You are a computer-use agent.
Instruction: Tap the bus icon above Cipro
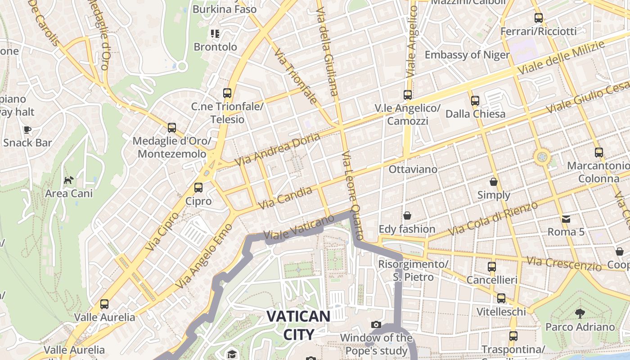click(x=198, y=187)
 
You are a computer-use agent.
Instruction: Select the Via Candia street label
click(x=286, y=198)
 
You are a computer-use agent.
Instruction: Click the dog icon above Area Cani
click(x=68, y=180)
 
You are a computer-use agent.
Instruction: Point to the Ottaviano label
click(x=413, y=169)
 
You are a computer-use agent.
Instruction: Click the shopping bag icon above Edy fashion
click(x=407, y=216)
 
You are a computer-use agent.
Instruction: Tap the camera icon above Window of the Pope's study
click(x=376, y=324)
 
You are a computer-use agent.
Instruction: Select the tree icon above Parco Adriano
click(x=580, y=314)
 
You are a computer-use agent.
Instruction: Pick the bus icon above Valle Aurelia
click(x=104, y=304)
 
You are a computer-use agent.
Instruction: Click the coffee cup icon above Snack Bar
click(x=27, y=130)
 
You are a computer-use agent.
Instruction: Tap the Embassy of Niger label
click(x=467, y=55)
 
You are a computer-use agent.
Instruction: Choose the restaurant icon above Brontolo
click(x=215, y=34)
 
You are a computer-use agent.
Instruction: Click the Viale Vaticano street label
click(x=299, y=227)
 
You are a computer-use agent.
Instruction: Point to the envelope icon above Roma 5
click(x=566, y=219)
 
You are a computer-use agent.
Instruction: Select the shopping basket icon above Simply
click(x=494, y=182)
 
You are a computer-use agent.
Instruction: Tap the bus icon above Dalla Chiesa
click(x=475, y=101)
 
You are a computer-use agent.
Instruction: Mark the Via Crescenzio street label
click(x=564, y=264)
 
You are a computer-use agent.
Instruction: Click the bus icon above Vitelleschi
click(x=501, y=298)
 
